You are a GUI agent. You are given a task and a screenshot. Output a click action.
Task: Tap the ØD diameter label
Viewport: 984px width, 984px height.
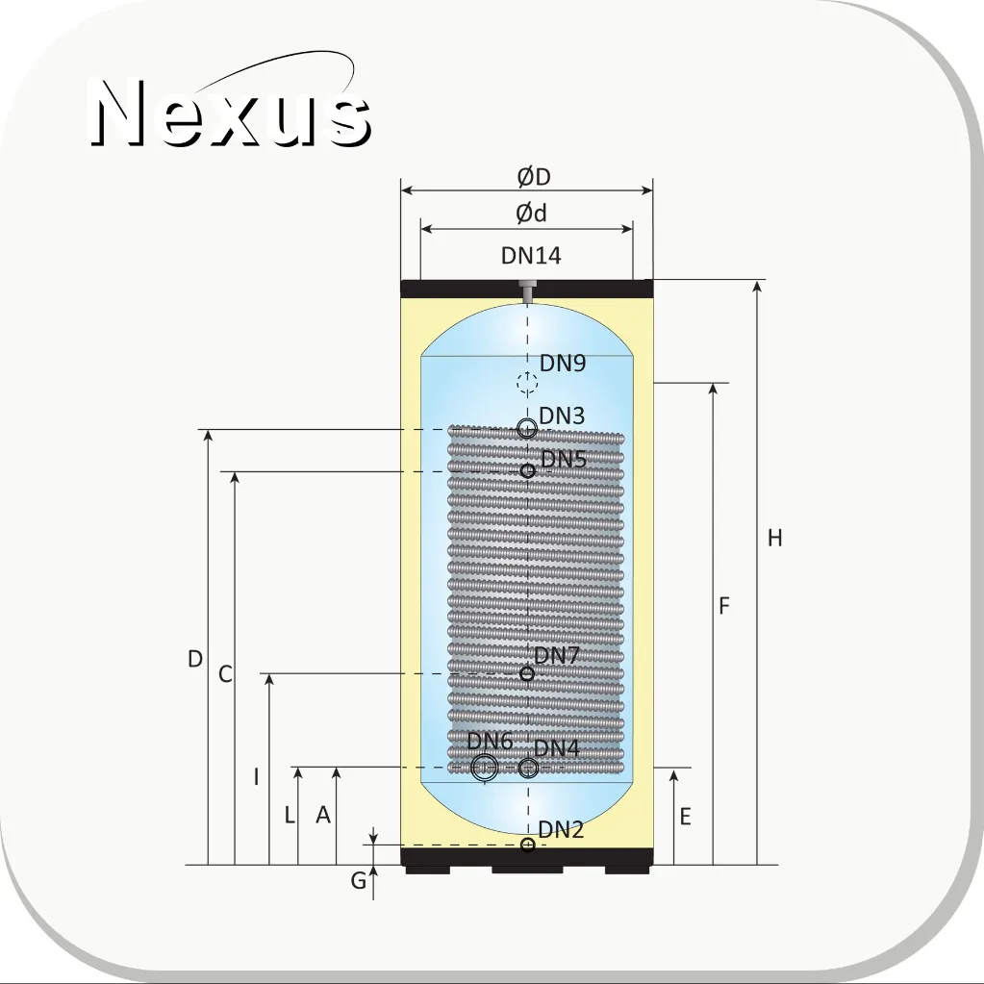534,177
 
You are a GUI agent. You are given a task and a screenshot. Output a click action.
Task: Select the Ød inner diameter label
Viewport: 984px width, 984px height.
532,214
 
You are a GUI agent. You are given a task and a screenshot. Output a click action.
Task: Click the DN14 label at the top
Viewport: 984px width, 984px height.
531,256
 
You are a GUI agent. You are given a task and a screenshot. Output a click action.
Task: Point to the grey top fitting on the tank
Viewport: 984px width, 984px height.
527,291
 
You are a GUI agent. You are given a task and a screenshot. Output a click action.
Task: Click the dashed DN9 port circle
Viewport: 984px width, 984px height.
527,382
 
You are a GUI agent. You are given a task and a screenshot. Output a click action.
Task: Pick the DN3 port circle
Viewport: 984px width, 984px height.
527,429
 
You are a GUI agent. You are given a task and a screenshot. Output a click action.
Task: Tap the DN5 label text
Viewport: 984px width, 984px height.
564,460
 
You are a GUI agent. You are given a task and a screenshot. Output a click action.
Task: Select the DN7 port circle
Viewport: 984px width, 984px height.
527,673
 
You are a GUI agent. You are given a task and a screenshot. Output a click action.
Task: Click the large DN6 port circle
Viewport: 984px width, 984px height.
485,767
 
